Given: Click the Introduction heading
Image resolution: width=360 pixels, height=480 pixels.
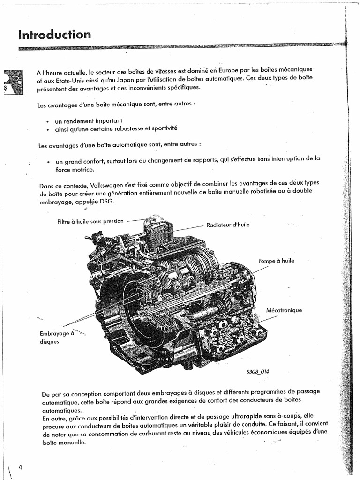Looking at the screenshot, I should tap(54, 35).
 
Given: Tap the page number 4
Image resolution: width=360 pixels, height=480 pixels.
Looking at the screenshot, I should tap(20, 467).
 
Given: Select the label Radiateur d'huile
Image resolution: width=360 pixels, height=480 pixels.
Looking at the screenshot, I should tap(228, 225).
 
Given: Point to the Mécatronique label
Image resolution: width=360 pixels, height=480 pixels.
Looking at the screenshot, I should tap(284, 310).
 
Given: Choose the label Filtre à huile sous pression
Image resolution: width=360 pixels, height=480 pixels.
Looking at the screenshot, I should tap(90, 221).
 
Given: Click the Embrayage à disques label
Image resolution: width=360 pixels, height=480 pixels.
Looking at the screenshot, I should tap(57, 337).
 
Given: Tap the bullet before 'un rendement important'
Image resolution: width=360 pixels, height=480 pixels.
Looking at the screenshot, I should tap(48, 121).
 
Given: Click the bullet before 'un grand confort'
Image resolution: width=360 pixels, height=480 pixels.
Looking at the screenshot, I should tap(48, 162).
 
